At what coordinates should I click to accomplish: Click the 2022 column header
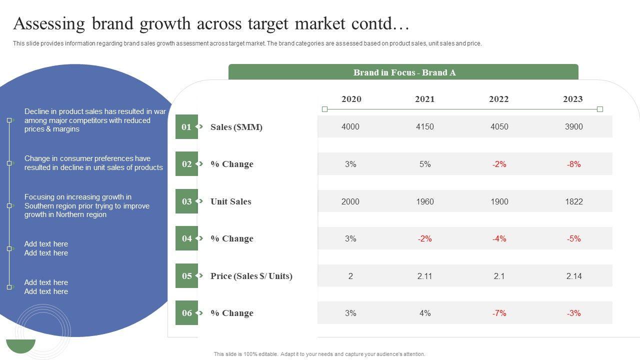coord(498,99)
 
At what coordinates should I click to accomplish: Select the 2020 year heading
coord(351,99)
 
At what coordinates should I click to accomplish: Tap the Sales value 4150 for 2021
coord(424,126)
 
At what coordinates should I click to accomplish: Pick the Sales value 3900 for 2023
coord(573,126)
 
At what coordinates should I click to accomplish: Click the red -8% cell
coord(573,164)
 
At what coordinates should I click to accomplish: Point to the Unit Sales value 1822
coord(573,201)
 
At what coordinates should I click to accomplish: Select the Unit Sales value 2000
coord(350,201)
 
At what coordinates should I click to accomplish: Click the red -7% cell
coord(499,313)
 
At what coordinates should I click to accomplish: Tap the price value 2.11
coord(424,276)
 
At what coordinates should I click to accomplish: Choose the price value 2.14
coord(573,276)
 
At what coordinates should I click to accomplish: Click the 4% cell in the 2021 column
coord(424,313)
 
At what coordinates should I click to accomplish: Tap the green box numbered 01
coord(186,127)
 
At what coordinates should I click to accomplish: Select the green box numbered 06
coord(186,313)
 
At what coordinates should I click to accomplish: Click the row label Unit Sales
coord(230,201)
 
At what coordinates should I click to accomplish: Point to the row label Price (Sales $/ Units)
coord(251,276)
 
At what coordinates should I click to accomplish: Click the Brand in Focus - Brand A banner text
coord(404,72)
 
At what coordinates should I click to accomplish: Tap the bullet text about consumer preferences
coord(93,163)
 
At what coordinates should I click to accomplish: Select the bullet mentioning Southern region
coord(86,205)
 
